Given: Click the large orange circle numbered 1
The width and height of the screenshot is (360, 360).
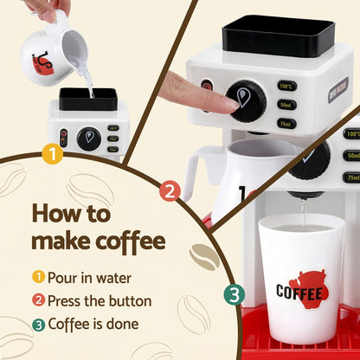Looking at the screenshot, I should point(53,155).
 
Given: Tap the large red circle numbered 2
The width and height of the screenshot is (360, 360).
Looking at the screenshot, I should point(170,190).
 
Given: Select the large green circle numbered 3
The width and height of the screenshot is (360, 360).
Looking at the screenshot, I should point(234,294).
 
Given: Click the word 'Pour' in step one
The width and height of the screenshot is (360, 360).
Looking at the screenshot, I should point(66,278).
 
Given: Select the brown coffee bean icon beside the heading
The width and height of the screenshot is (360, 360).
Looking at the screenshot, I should point(203,255).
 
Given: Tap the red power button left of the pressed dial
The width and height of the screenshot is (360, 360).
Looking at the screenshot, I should point(207,86).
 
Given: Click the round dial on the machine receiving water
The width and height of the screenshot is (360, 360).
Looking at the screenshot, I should point(88,138).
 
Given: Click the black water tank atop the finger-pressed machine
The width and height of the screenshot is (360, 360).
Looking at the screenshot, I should point(277,35).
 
